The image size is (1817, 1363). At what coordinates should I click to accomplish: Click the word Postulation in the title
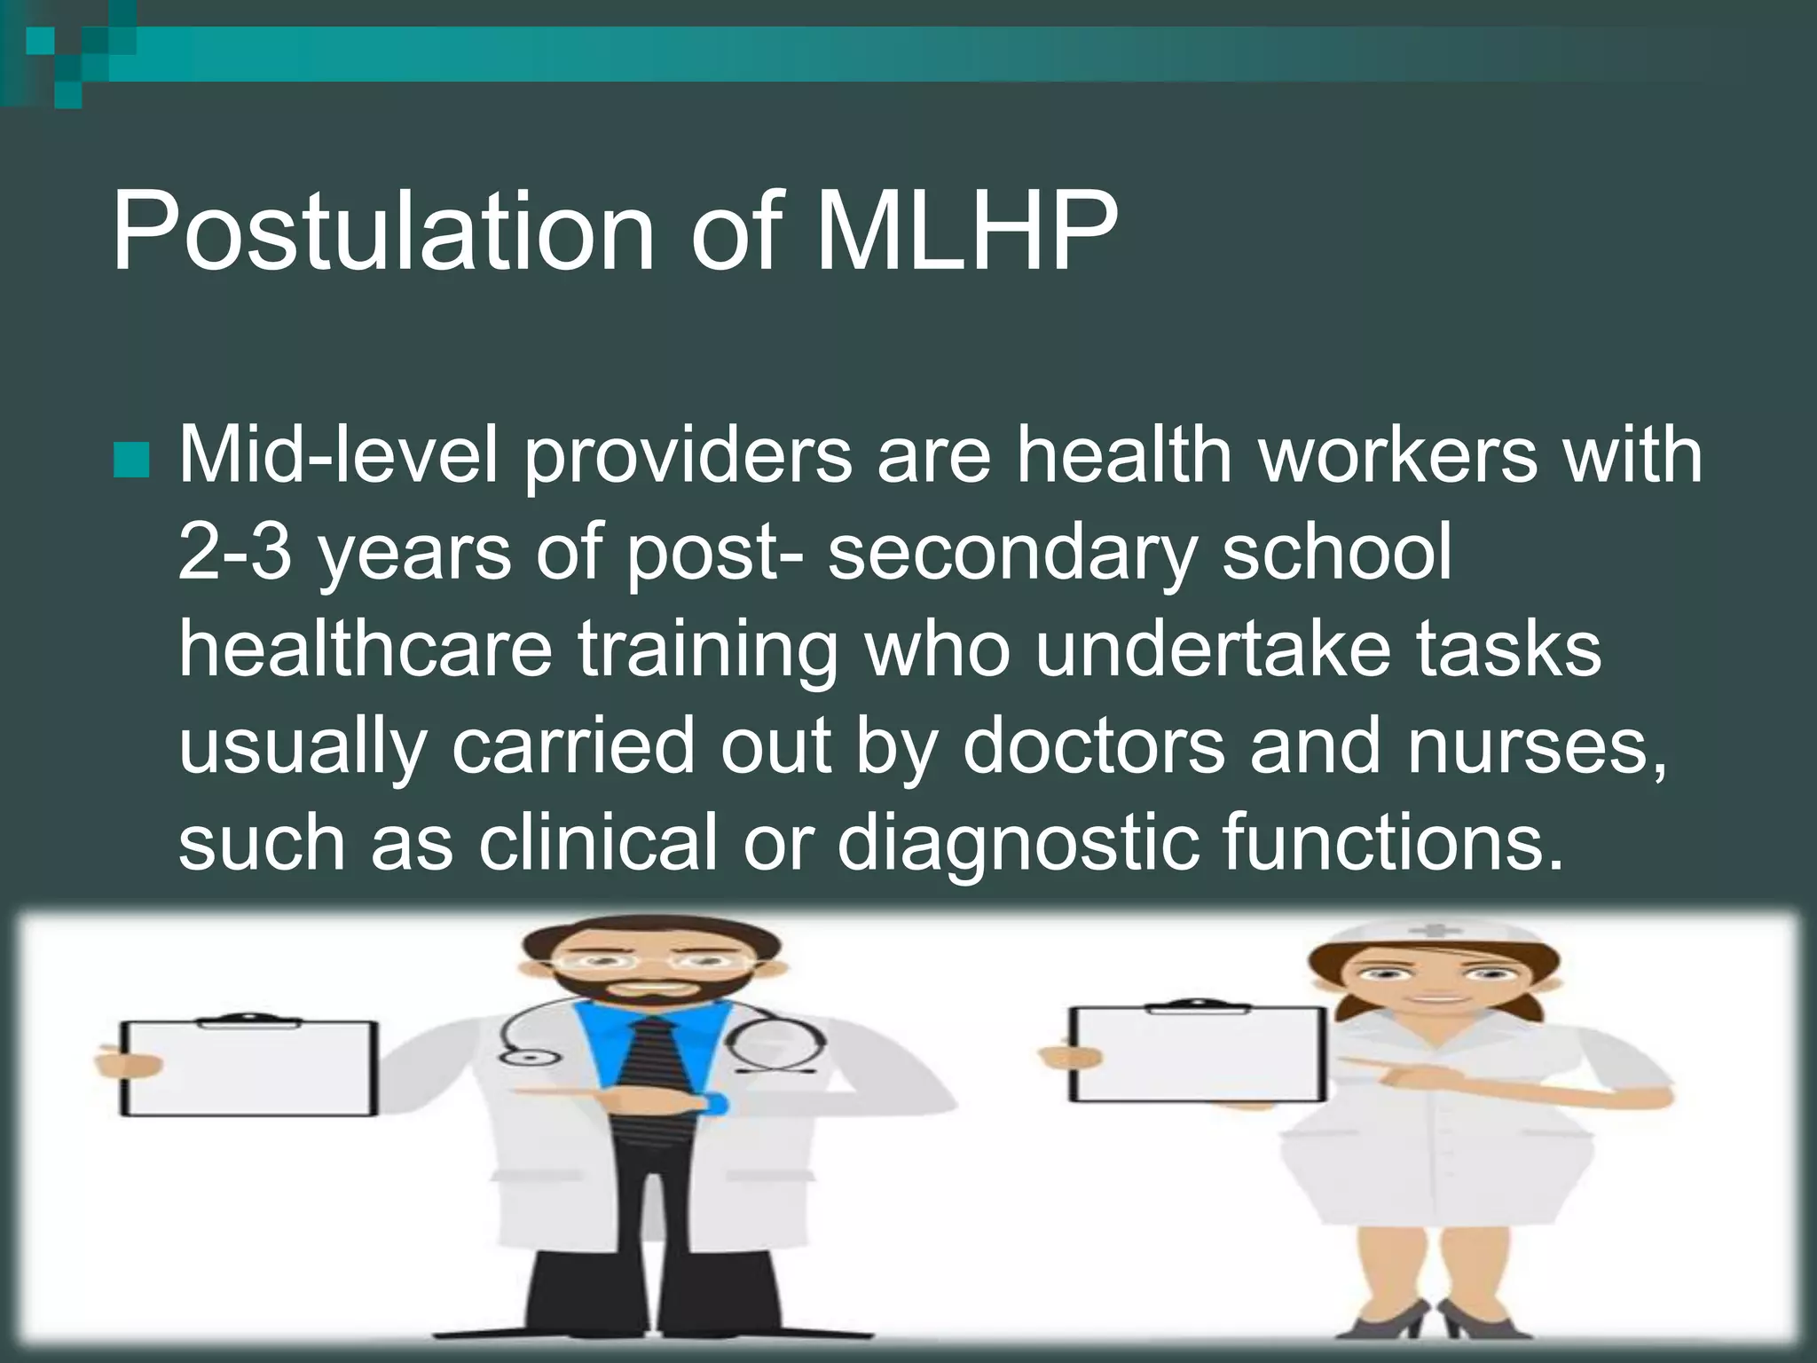coord(381,232)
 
